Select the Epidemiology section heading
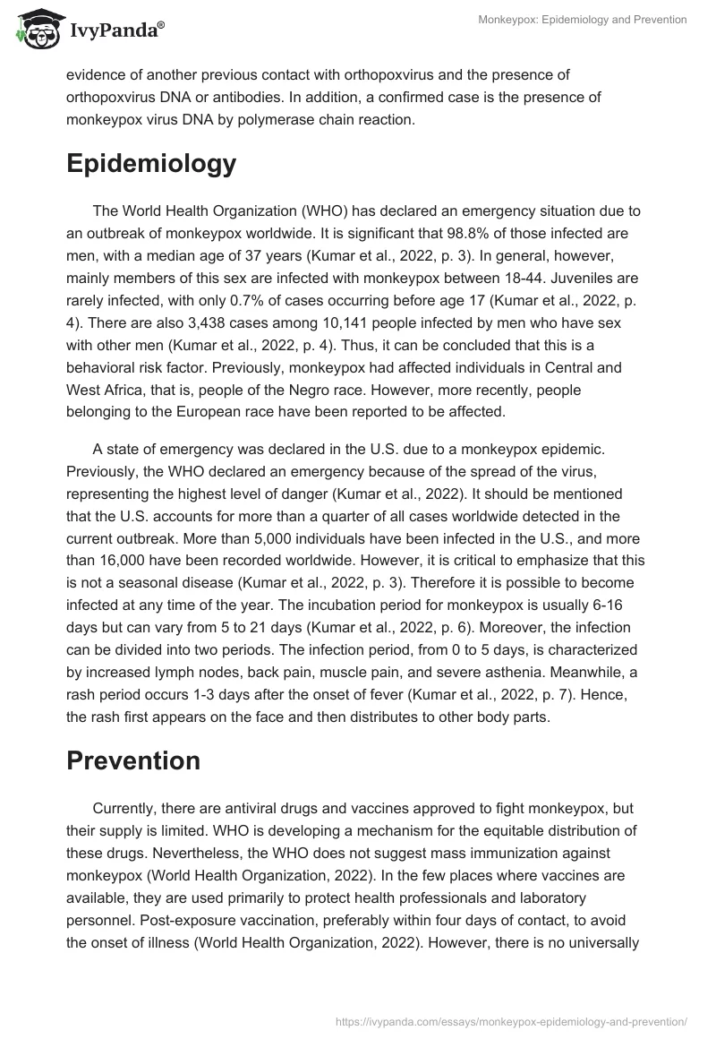click(x=151, y=164)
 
